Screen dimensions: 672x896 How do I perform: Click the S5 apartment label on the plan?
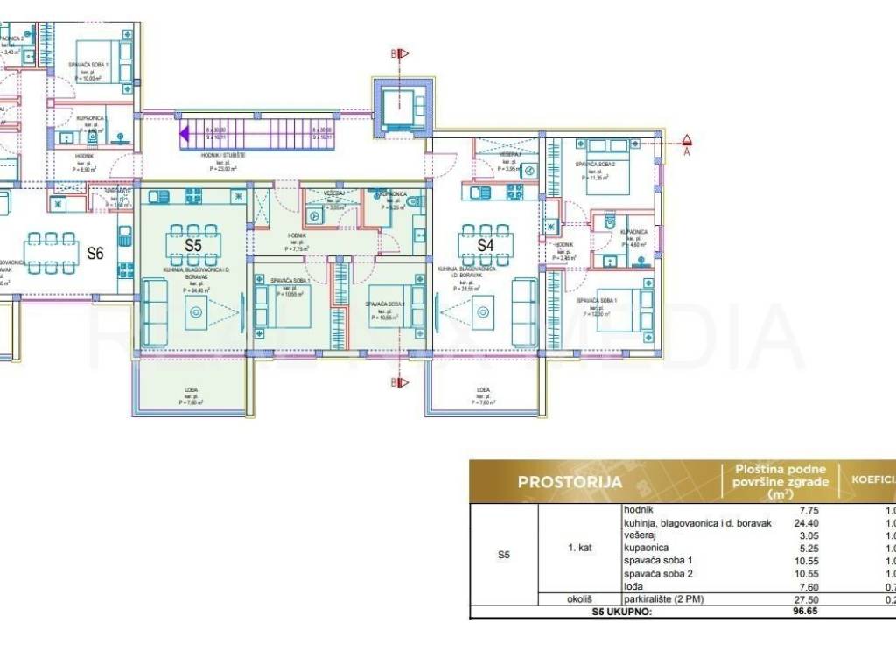click(193, 246)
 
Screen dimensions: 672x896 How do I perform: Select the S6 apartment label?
click(95, 253)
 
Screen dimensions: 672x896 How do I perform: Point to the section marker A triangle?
click(688, 139)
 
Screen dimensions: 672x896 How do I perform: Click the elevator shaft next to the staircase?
click(403, 107)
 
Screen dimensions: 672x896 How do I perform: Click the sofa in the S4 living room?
click(525, 312)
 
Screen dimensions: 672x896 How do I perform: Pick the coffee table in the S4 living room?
click(482, 312)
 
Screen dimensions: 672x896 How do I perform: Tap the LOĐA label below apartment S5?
click(191, 390)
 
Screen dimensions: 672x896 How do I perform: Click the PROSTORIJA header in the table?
click(570, 481)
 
